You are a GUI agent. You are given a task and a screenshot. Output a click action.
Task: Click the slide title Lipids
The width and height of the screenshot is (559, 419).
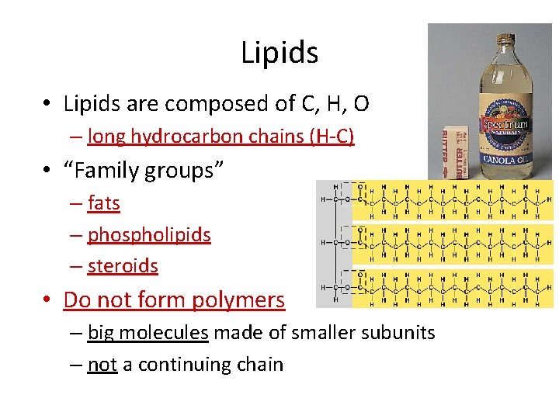click(279, 53)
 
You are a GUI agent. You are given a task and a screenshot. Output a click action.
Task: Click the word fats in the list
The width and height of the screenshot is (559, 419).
click(104, 203)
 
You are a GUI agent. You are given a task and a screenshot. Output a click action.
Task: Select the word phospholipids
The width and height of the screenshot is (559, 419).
click(149, 234)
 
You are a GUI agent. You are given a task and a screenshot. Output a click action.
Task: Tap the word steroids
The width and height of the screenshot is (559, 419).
click(123, 266)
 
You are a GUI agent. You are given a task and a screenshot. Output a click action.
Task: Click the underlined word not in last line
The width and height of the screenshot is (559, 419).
click(102, 365)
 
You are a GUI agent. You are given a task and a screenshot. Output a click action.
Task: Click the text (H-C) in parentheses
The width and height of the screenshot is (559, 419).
click(332, 137)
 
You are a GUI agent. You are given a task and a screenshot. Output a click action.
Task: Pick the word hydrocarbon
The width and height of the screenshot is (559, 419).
click(175, 137)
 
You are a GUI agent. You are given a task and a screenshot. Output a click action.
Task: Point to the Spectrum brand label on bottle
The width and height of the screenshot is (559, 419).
click(505, 124)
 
